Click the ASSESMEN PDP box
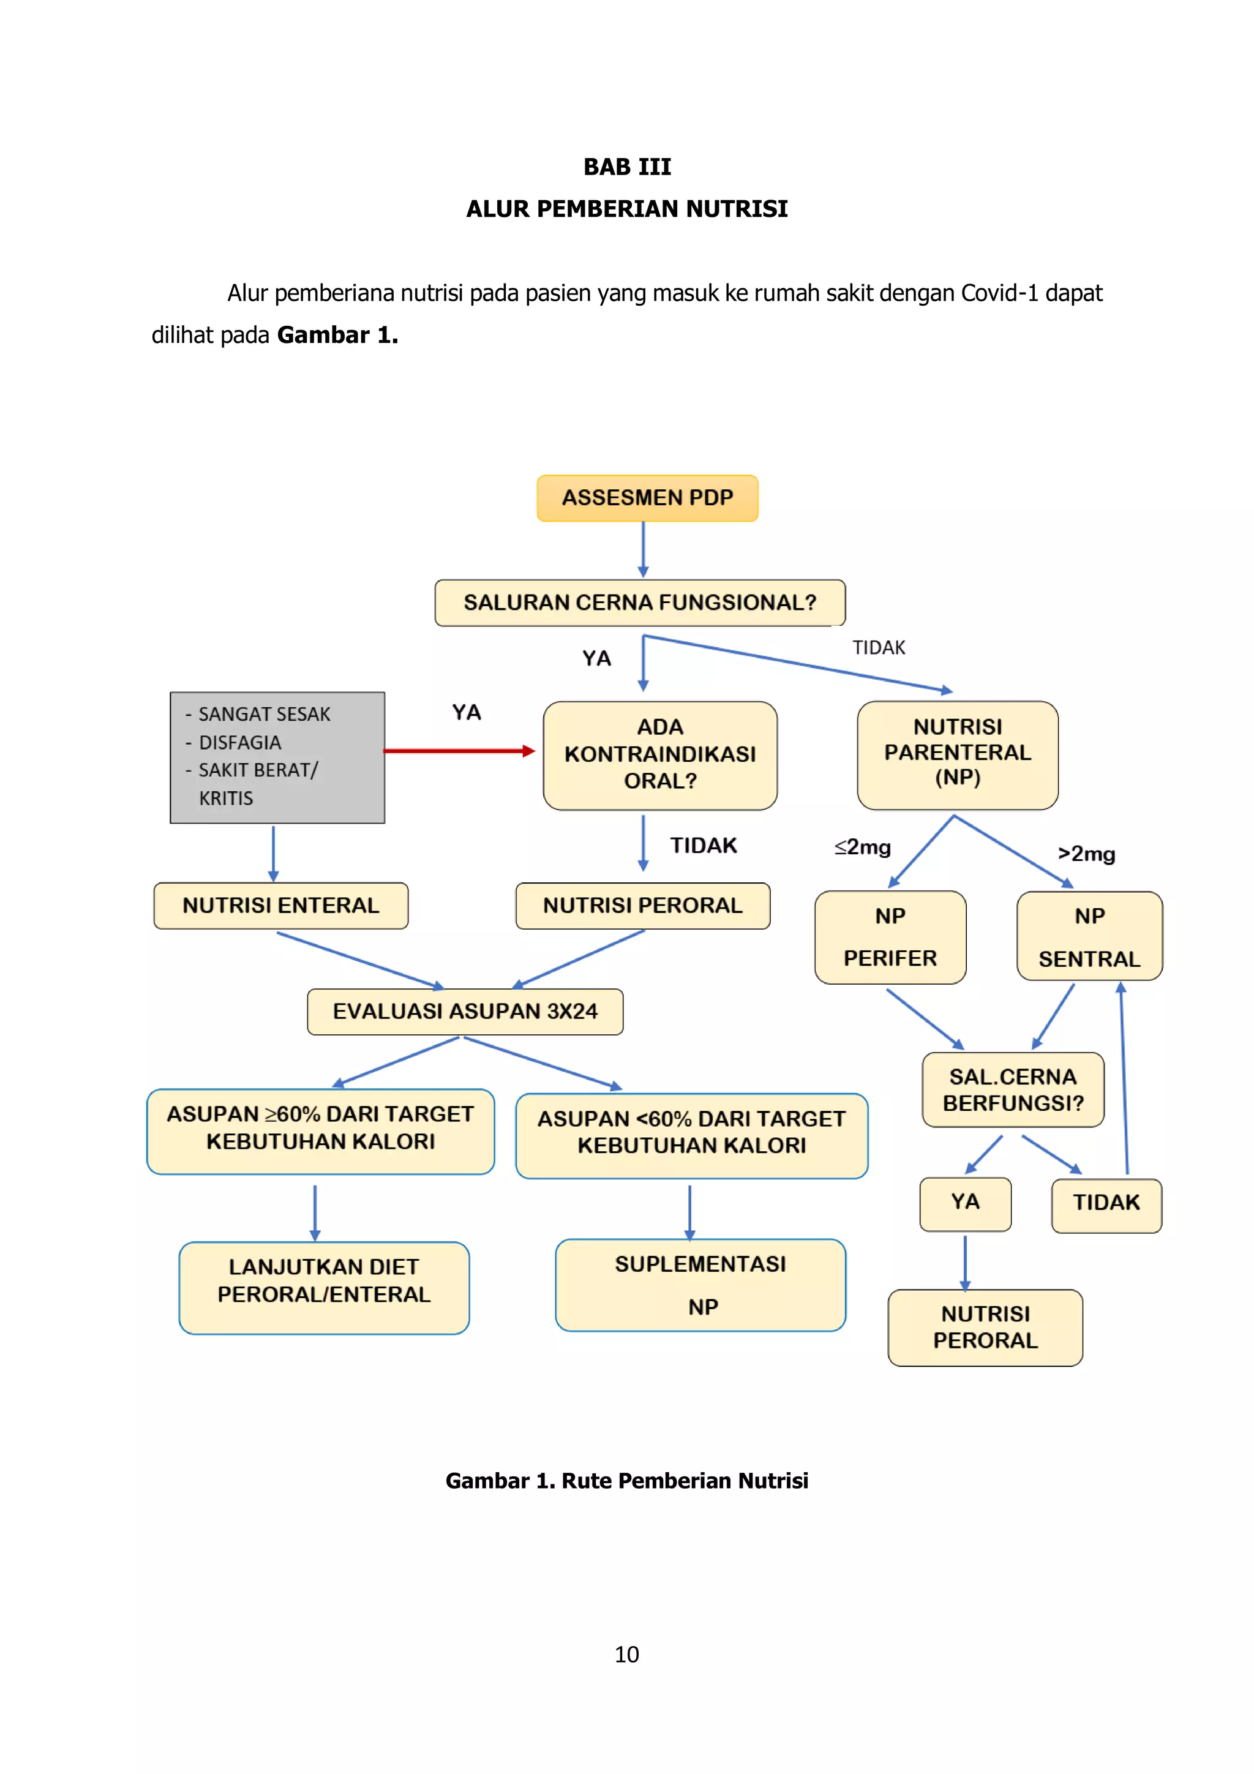(647, 498)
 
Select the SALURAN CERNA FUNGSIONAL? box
(640, 603)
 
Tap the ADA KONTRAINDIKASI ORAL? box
(660, 755)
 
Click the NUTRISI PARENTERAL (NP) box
(957, 755)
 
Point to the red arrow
(459, 750)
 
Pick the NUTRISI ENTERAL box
(281, 906)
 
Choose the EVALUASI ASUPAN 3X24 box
(465, 1012)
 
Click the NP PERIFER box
(890, 938)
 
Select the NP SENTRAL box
(1089, 936)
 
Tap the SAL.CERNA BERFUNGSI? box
(1013, 1089)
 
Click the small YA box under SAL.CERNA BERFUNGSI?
(965, 1204)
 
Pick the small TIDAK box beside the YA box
(1106, 1205)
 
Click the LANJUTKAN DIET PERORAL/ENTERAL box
(324, 1287)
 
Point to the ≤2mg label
(862, 848)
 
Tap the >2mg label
(1086, 854)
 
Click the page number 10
(626, 1654)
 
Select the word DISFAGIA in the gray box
(240, 743)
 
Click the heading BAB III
(628, 167)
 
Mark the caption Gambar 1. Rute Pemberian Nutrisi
(626, 1481)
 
